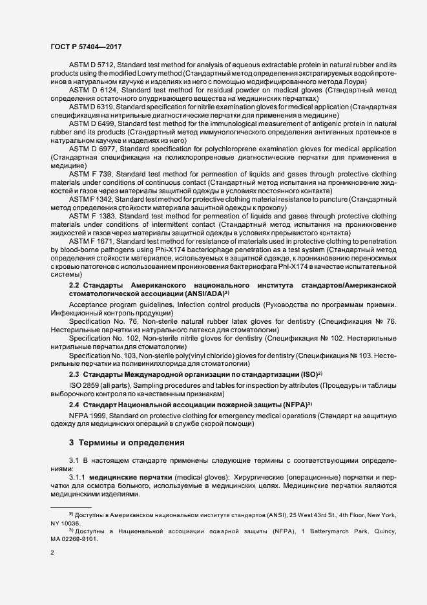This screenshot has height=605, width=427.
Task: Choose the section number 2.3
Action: coord(74,374)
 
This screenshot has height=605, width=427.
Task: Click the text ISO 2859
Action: coord(86,387)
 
